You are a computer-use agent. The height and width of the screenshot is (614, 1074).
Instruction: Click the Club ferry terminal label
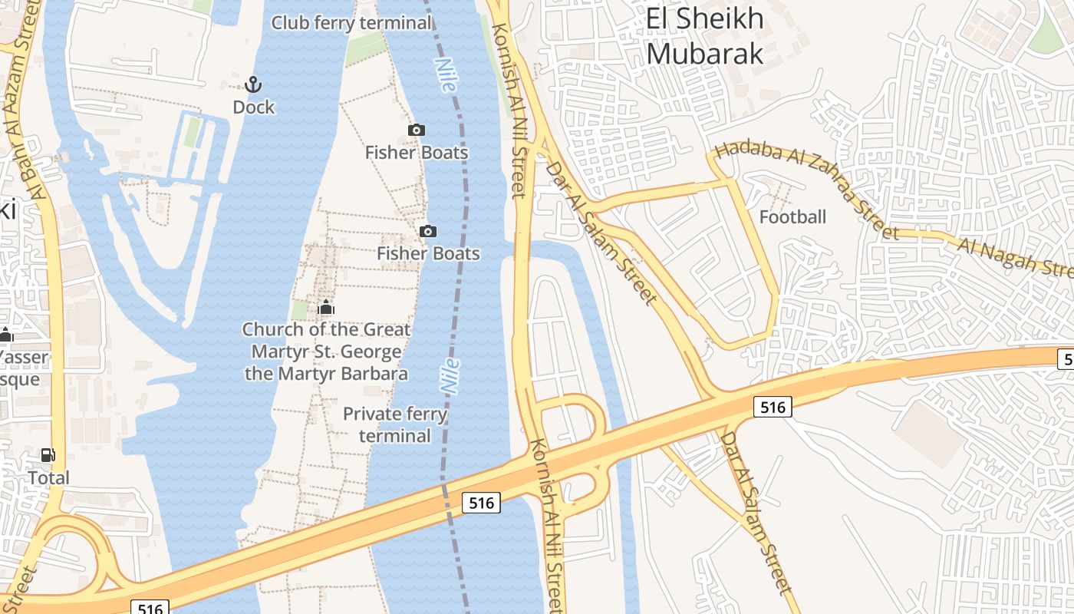(352, 23)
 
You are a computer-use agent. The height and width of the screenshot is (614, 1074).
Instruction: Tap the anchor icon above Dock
(253, 84)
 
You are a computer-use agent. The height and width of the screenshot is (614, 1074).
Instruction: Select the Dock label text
(254, 107)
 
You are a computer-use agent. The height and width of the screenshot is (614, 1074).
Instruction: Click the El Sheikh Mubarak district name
(704, 36)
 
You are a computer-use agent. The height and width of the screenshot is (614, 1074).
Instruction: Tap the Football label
(792, 217)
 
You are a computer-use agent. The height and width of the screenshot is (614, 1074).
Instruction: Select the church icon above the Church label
(326, 308)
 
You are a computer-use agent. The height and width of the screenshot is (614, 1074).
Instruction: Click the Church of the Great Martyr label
(326, 352)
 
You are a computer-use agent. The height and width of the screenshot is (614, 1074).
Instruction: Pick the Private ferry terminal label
(395, 424)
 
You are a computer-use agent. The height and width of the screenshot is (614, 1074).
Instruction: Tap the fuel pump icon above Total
(48, 455)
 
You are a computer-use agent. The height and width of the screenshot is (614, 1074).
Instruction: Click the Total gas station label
(49, 478)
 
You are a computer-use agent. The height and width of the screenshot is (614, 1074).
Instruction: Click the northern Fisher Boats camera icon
(417, 130)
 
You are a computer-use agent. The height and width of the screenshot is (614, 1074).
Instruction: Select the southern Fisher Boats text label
(428, 253)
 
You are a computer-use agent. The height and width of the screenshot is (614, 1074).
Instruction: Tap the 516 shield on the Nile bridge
(481, 503)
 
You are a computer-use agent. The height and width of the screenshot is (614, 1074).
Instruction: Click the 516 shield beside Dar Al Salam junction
(772, 407)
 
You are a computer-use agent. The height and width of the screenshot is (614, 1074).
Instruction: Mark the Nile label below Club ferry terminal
(446, 75)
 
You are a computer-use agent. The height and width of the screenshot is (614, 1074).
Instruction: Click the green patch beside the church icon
(299, 311)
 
